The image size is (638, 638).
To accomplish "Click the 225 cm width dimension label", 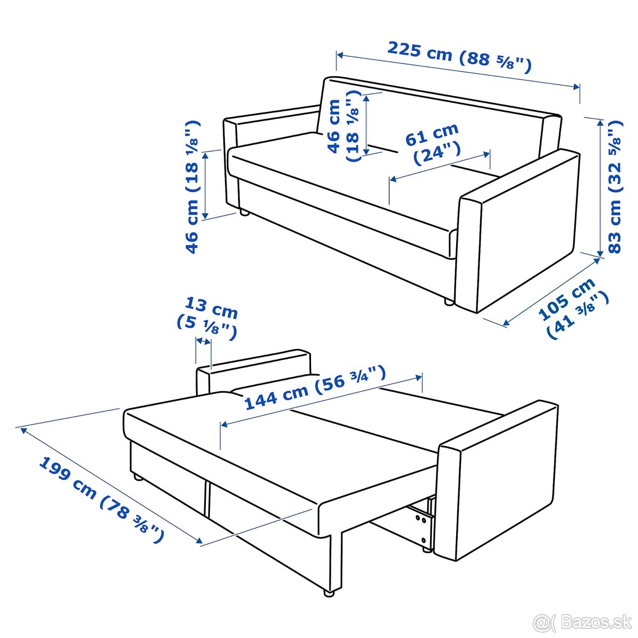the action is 459,56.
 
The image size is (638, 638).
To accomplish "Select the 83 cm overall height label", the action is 616,188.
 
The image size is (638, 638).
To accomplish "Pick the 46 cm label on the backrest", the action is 343,126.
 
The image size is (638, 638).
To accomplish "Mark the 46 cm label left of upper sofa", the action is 192,187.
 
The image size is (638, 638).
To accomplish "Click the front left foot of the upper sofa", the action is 245,213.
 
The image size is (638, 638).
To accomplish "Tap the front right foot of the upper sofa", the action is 449,301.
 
